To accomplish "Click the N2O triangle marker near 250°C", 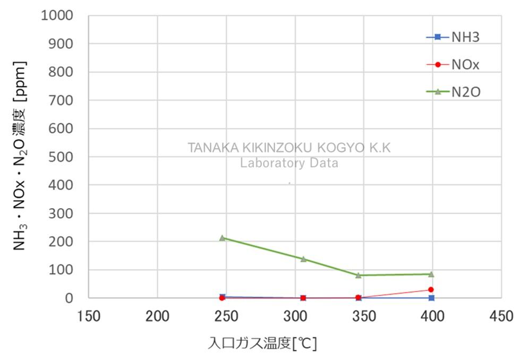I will [x=223, y=238].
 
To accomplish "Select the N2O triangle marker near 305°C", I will [x=303, y=259].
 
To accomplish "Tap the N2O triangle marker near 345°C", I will [x=359, y=275].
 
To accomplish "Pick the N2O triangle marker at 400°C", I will [x=431, y=274].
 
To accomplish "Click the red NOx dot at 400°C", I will [x=431, y=289].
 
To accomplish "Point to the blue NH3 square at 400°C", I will [x=431, y=298].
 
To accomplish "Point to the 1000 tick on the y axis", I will [x=56, y=15].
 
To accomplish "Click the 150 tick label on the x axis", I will [x=88, y=316].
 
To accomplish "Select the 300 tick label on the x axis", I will [x=295, y=316].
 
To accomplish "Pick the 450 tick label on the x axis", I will [x=501, y=316].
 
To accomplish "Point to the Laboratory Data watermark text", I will [x=289, y=162].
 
